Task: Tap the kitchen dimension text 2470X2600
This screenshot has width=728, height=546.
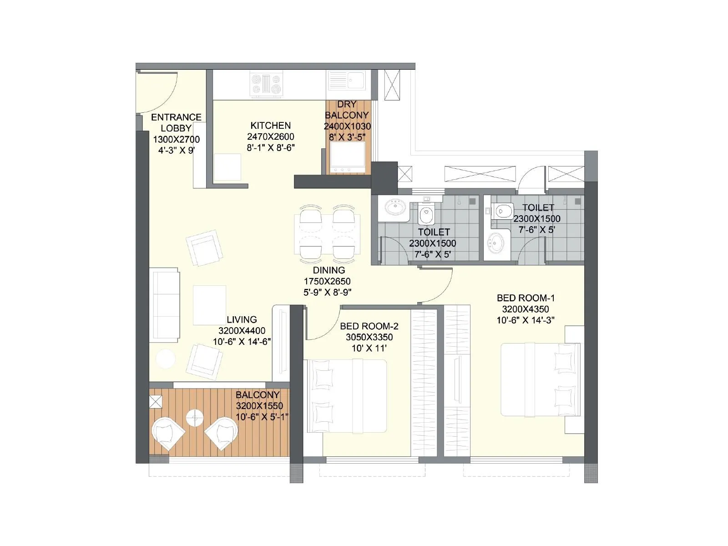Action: [x=270, y=136]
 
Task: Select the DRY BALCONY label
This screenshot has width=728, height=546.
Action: [x=347, y=110]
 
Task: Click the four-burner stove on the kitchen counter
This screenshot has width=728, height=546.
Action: [x=267, y=85]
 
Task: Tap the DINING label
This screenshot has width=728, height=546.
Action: [x=329, y=270]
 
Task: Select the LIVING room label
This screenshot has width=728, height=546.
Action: [x=242, y=319]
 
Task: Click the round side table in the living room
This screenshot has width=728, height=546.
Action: [x=166, y=359]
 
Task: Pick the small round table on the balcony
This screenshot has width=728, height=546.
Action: [x=195, y=418]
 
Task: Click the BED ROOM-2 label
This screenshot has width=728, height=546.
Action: [x=369, y=326]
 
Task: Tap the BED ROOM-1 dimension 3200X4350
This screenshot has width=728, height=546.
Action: [x=526, y=309]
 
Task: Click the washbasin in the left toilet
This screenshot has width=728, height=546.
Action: [x=394, y=208]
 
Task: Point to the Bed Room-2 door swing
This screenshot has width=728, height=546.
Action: [x=324, y=325]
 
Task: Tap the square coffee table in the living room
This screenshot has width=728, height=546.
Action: [x=209, y=305]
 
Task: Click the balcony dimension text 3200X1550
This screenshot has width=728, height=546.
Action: [x=259, y=406]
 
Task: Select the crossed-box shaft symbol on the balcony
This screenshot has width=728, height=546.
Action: [x=156, y=402]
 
